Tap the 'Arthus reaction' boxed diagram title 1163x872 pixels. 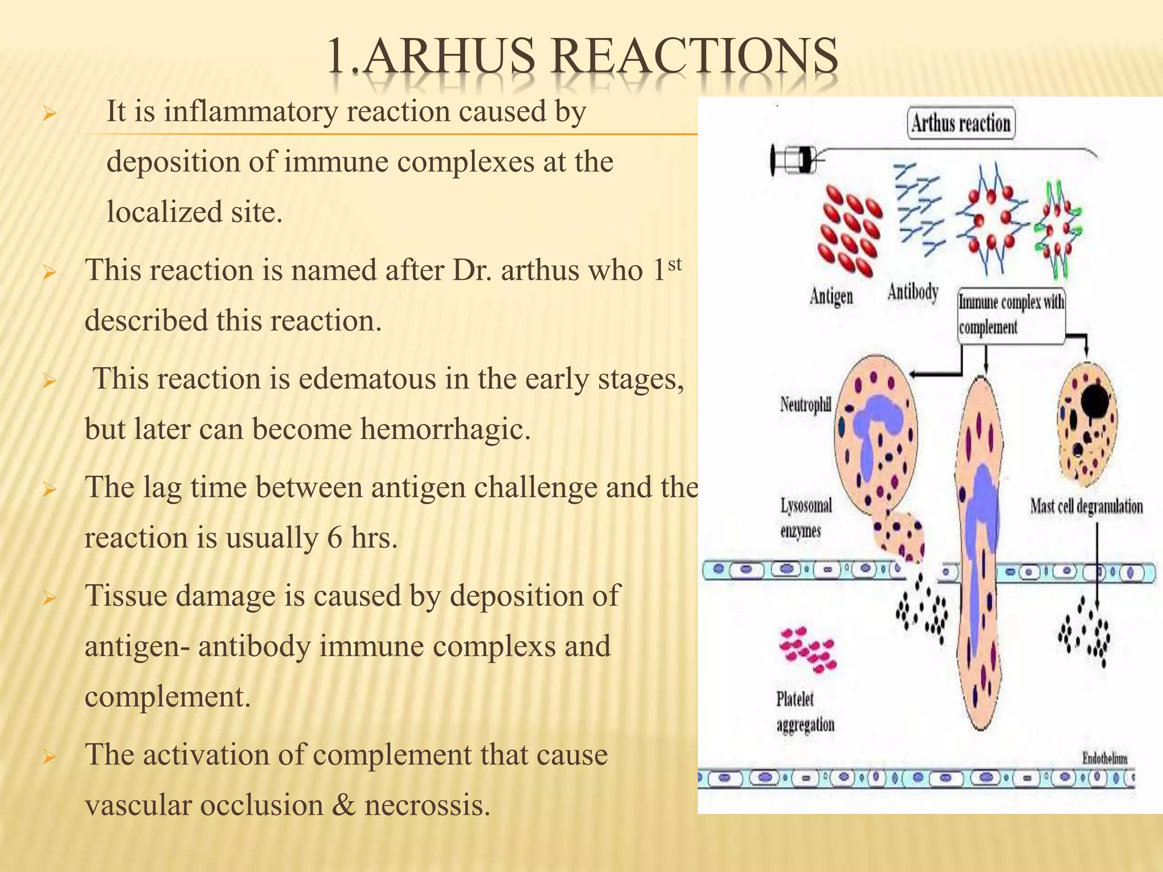coord(961,123)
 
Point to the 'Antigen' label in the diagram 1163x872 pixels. coord(831,296)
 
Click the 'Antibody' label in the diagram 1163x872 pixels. coord(913,292)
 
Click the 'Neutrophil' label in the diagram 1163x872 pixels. coord(805,404)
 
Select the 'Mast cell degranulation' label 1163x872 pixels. coord(1086,506)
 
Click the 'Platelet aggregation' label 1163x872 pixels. coord(805,712)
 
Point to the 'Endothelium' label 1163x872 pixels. coord(1105,758)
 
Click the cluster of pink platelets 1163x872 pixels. coord(808,651)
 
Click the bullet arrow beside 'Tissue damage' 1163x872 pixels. coord(49,598)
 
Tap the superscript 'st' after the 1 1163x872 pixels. coord(674,264)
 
